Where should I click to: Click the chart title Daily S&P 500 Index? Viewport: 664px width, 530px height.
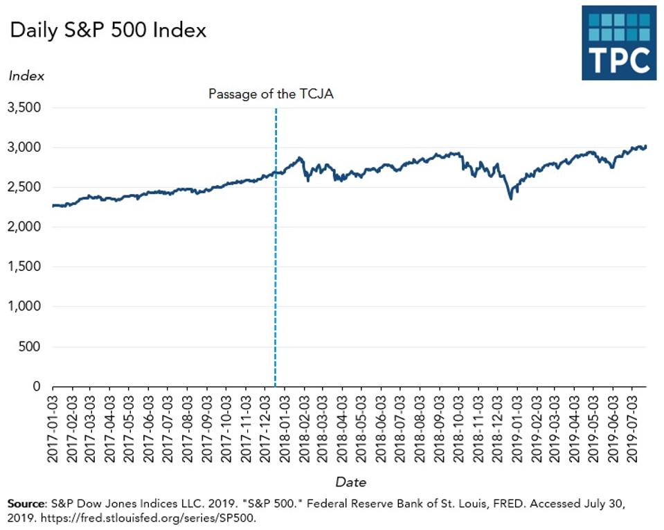107,31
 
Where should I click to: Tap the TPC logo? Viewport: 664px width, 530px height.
618,42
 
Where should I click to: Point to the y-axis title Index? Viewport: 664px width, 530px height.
26,76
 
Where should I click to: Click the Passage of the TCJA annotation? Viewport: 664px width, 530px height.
271,94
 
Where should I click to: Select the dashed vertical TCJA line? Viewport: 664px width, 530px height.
276,277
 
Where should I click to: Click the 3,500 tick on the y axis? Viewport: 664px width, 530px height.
25,108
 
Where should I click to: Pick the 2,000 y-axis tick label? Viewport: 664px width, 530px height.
25,227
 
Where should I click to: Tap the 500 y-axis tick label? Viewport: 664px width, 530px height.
31,346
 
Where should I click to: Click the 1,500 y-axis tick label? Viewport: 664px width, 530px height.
25,267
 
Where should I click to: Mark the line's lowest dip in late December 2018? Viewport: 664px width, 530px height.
511,199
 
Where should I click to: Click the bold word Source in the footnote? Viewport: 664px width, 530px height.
25,503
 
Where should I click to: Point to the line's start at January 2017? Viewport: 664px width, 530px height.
54,206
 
